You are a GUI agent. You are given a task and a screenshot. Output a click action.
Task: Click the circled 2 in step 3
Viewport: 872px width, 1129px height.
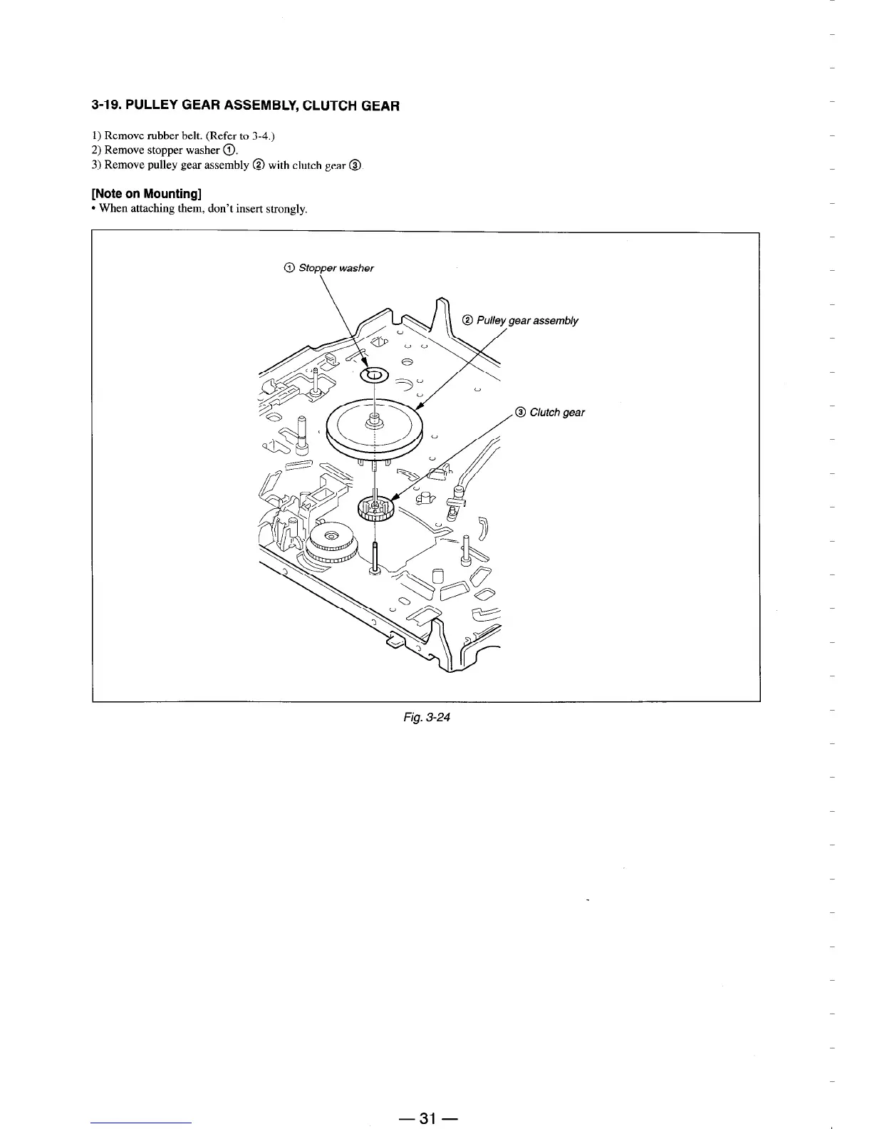coord(258,165)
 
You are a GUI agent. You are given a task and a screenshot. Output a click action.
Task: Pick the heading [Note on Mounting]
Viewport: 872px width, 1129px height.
coord(147,194)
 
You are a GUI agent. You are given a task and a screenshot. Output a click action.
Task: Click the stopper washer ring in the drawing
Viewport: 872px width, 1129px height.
coord(373,376)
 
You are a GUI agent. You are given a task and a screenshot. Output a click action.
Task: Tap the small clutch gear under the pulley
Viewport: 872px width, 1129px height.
coord(375,507)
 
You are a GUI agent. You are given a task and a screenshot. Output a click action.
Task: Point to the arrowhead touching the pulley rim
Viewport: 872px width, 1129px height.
coord(420,406)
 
